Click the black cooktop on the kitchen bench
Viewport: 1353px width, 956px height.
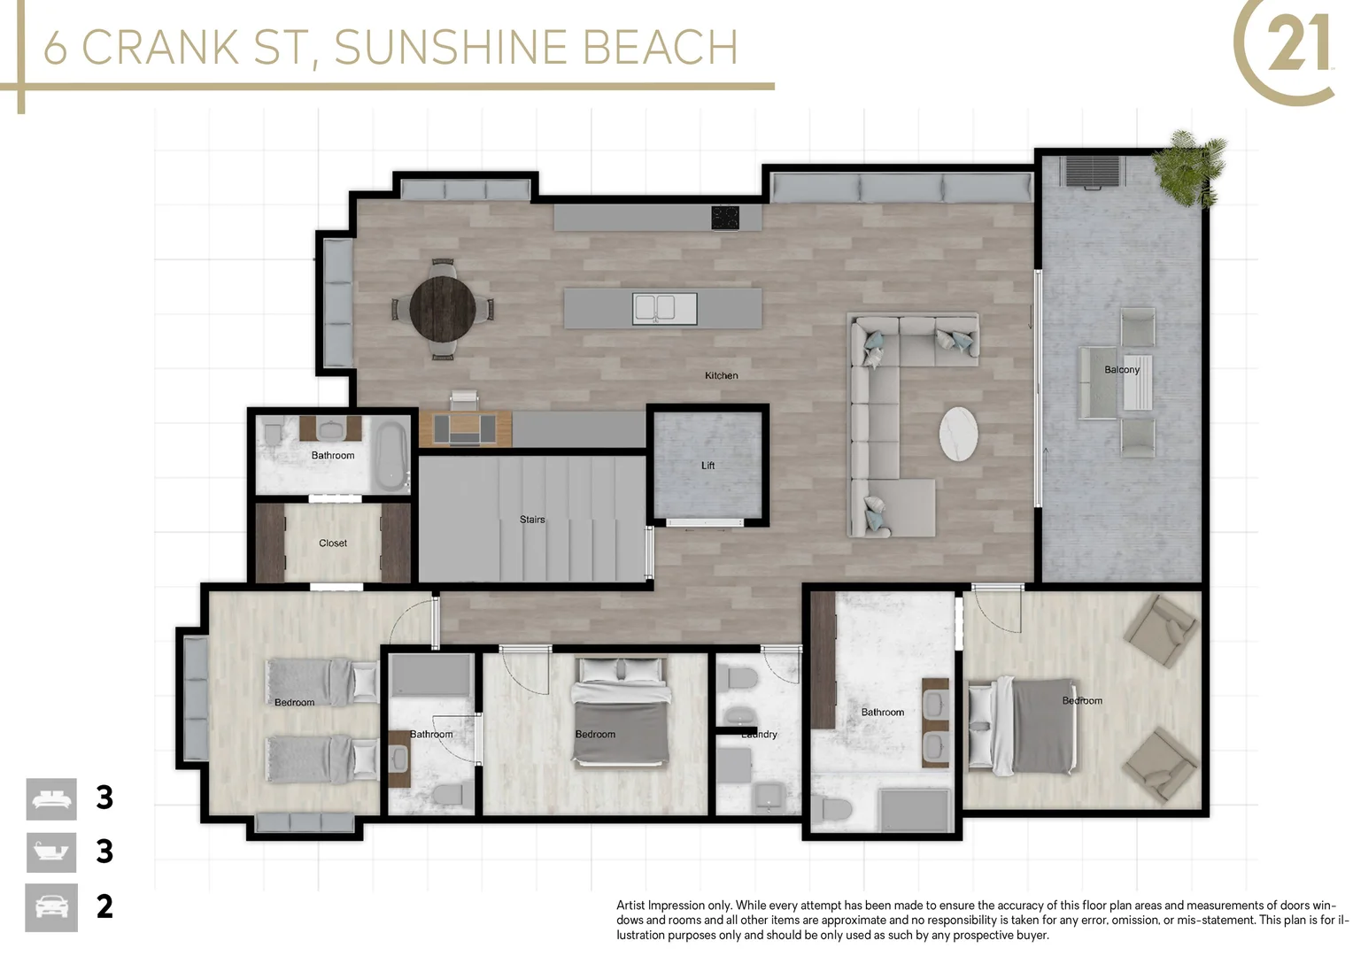(725, 217)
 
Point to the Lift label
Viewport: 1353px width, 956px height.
(707, 466)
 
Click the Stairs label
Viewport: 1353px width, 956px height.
(532, 520)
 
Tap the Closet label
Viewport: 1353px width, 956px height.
(333, 544)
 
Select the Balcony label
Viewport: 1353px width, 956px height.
(1121, 370)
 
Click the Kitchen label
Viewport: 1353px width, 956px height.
(721, 376)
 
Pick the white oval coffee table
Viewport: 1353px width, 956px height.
(958, 434)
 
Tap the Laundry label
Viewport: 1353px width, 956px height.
(760, 735)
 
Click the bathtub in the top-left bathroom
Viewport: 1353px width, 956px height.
(390, 454)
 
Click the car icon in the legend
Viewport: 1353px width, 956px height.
(51, 907)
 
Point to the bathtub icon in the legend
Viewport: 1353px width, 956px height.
(51, 853)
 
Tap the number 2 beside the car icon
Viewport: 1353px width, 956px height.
(104, 907)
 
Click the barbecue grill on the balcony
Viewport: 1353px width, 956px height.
(1094, 172)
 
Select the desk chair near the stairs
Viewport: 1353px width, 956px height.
(464, 400)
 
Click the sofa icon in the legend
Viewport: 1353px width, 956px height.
(51, 799)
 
